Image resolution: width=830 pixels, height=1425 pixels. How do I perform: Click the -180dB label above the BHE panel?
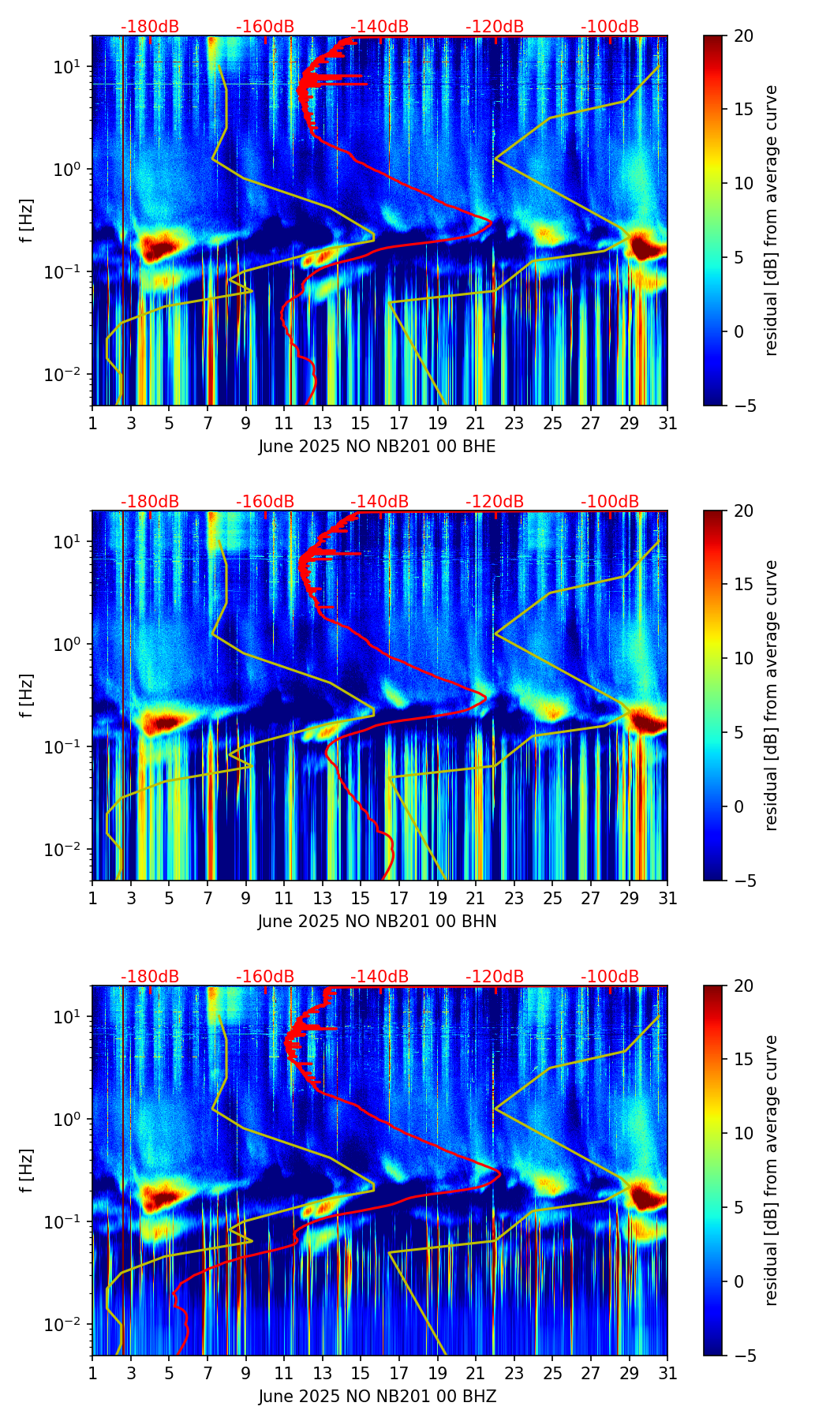click(150, 27)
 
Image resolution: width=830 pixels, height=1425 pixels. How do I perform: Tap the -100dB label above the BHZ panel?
click(610, 977)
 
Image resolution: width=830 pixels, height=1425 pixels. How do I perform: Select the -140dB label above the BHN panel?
click(379, 502)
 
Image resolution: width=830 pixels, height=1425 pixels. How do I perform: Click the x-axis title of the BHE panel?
click(377, 447)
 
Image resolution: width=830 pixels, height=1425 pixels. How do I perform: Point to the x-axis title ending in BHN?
click(377, 922)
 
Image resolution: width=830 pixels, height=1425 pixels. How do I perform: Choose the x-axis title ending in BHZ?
click(377, 1397)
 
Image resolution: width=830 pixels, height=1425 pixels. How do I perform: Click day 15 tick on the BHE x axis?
click(361, 423)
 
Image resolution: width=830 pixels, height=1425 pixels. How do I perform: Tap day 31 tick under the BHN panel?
click(667, 898)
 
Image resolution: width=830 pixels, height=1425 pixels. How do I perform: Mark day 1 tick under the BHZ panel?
click(92, 1373)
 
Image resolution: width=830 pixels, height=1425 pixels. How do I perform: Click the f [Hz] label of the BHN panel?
click(27, 695)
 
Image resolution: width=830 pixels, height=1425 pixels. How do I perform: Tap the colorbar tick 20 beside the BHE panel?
click(743, 36)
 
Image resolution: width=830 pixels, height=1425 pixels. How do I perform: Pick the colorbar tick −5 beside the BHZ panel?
click(743, 1356)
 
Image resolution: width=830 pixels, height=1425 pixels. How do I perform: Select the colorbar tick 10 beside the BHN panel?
click(743, 658)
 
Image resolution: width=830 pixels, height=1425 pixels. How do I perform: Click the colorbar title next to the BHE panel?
click(771, 220)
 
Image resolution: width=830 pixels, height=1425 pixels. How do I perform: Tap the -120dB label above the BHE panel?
click(495, 27)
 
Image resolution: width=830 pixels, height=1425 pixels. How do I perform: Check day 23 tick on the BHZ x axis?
click(514, 1373)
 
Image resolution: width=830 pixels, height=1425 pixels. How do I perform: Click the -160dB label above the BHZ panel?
click(265, 977)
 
